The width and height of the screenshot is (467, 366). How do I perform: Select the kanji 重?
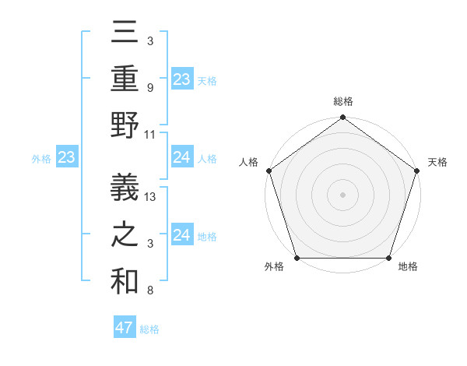click(125, 79)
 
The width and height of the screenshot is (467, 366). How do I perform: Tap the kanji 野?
click(125, 125)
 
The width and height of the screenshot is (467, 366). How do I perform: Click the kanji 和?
click(125, 282)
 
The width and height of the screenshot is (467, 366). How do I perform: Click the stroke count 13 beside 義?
click(151, 197)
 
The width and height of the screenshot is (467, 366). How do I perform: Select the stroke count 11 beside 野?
click(151, 135)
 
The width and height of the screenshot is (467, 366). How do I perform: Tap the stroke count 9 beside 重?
click(149, 88)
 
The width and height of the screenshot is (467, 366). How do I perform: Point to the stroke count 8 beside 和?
click(149, 291)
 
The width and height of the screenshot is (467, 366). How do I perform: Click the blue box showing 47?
click(125, 328)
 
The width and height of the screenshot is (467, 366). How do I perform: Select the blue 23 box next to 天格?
click(182, 79)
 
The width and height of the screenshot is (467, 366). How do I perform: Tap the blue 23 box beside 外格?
click(67, 158)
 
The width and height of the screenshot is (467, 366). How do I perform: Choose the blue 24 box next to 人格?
click(182, 158)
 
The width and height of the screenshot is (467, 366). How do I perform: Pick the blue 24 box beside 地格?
click(182, 235)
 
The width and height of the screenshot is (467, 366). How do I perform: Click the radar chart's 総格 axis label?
click(342, 102)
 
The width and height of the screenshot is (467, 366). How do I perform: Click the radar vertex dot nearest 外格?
click(297, 258)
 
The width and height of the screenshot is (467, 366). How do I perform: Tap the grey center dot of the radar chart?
click(342, 195)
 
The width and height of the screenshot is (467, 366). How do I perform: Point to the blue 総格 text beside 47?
click(149, 329)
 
